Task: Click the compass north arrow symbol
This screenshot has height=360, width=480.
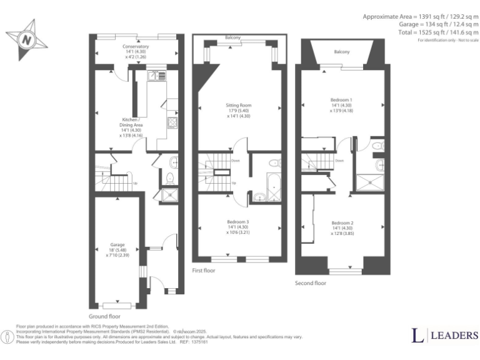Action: [26, 39]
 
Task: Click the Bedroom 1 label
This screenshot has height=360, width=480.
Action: [341, 99]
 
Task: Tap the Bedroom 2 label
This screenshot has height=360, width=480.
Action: [342, 223]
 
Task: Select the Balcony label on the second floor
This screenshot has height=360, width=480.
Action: [341, 52]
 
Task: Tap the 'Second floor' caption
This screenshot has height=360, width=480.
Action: [311, 283]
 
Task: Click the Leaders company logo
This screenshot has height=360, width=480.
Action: [444, 336]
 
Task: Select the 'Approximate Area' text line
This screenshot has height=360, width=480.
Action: [420, 16]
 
